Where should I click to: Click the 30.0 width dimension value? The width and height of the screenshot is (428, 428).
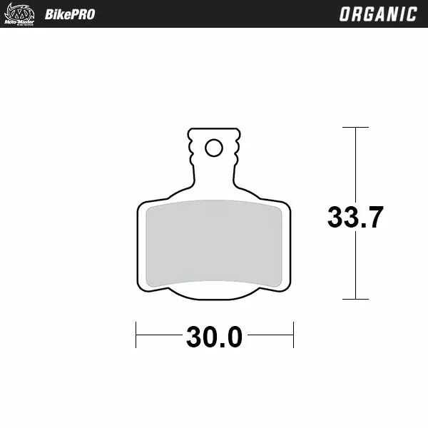[x=215, y=337]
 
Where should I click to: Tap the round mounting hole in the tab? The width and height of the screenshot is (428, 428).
[x=213, y=148]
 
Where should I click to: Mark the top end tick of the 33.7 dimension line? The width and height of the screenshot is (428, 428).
[x=355, y=128]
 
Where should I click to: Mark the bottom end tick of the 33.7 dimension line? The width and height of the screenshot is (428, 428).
[x=355, y=299]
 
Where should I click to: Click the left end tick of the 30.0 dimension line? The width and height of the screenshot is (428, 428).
[x=136, y=335]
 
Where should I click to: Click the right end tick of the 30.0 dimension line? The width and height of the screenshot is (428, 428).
[x=293, y=335]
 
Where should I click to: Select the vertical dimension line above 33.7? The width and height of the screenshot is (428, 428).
[x=355, y=164]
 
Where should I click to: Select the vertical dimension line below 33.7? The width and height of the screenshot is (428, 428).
[x=355, y=264]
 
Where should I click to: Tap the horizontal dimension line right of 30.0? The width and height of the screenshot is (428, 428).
[x=271, y=335]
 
